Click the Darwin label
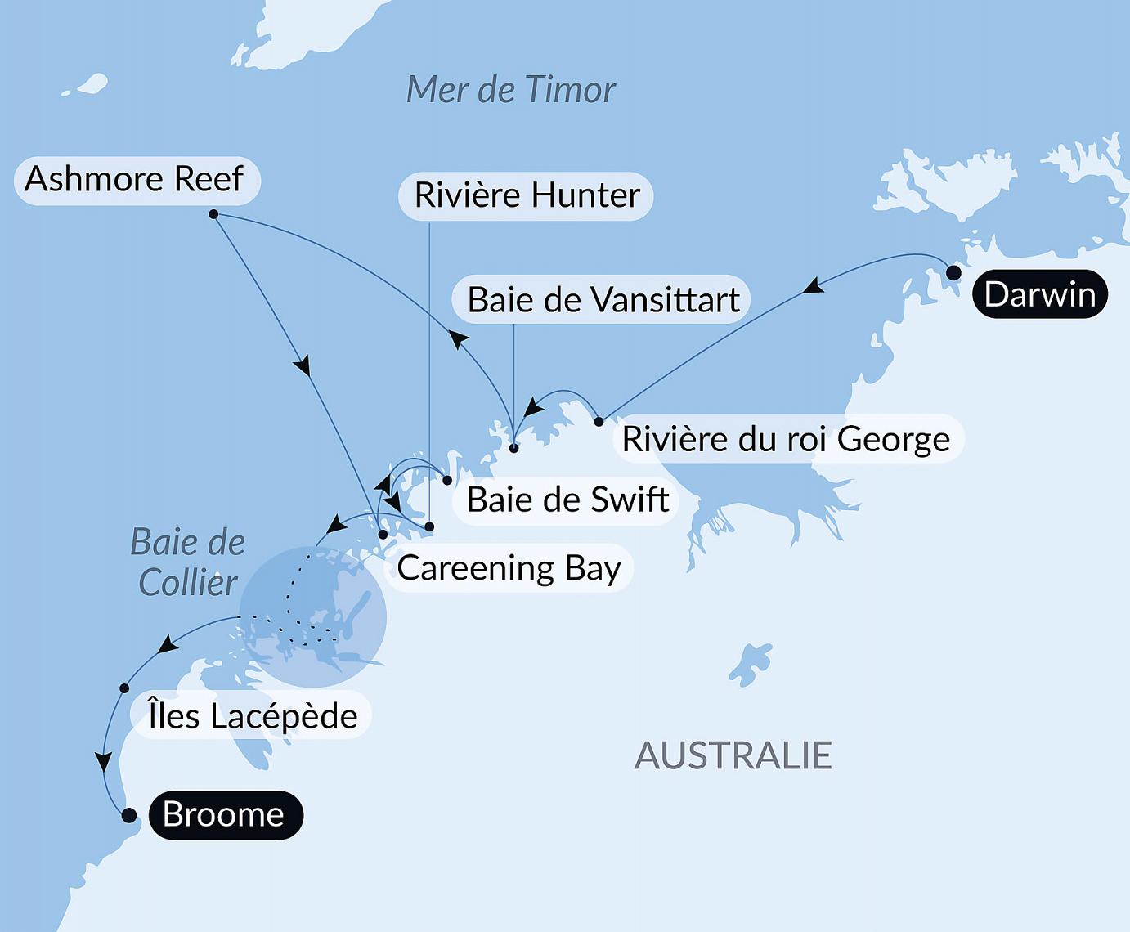1039,294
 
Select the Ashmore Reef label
136,180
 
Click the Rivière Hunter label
527,195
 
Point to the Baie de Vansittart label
603,300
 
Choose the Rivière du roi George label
787,439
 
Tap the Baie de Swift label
568,500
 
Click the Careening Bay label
509,568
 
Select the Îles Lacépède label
253,716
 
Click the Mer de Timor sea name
511,90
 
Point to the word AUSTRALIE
733,755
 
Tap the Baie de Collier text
189,562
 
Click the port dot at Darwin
953,272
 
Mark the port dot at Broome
128,815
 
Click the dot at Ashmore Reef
213,214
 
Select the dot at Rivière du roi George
599,422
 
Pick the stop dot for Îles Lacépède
124,688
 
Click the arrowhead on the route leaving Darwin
812,286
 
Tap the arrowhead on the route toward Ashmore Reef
459,339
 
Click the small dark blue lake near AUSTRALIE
751,664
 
